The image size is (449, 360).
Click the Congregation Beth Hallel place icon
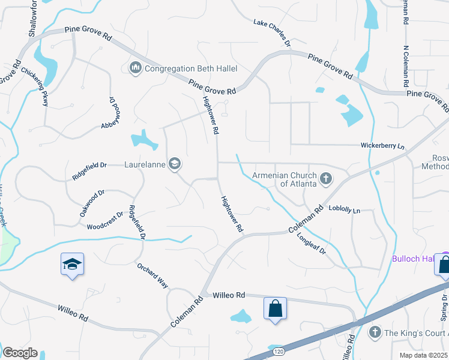point(135,69)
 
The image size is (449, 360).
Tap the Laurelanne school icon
point(175,164)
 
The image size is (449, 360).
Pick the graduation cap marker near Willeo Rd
point(71,264)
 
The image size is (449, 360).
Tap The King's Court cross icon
point(375,332)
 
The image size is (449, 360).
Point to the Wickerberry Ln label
point(382,146)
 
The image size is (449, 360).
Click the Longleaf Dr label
point(310,240)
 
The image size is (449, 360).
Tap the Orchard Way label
point(152,275)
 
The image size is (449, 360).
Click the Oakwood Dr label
point(92,203)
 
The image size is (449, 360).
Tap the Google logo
point(19,353)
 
